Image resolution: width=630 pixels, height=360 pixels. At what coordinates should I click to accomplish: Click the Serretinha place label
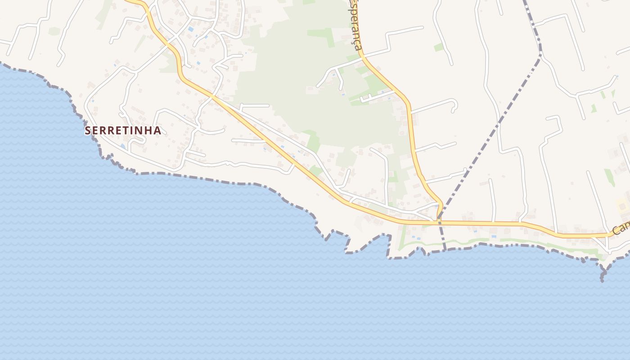pos(123,130)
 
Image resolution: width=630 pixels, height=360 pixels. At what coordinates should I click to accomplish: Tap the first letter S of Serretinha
pos(88,130)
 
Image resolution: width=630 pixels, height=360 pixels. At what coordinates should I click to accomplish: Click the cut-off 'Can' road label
pos(621,228)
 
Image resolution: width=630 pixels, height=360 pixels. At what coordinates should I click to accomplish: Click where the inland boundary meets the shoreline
pos(445,249)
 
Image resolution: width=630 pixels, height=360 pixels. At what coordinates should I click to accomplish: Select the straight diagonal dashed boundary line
pos(490,135)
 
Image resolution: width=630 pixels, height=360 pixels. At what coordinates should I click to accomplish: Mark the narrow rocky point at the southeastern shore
pos(602,274)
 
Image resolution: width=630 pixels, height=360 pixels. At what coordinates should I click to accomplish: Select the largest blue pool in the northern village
pos(191,29)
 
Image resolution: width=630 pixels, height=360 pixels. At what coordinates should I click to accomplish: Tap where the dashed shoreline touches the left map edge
pos(1,63)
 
